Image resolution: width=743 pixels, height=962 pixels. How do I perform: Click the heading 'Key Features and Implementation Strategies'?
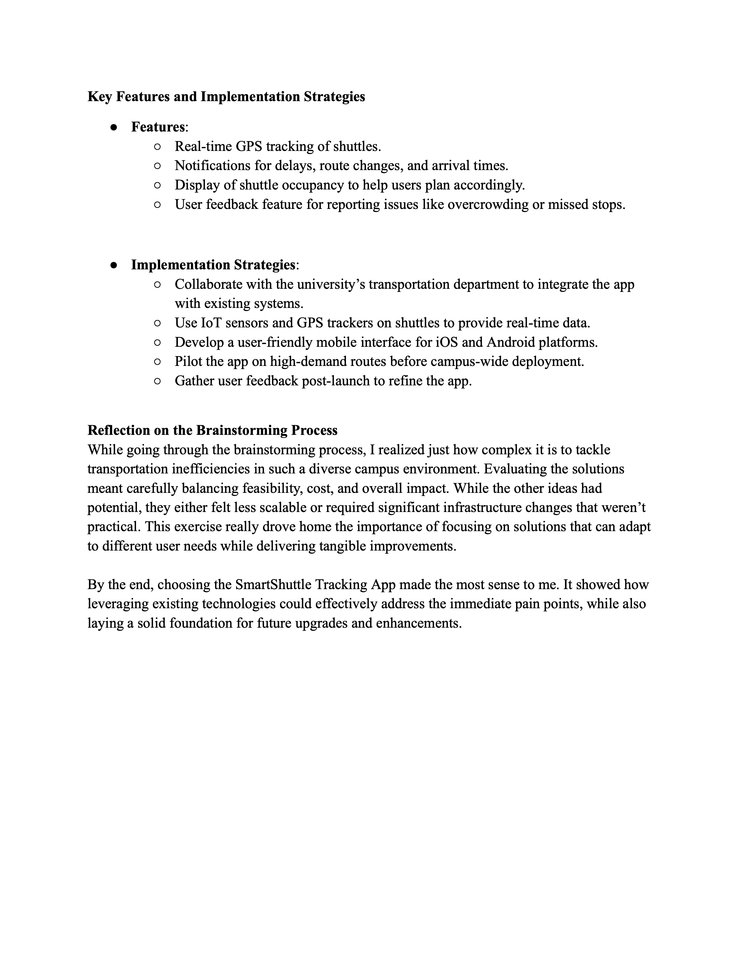(x=226, y=97)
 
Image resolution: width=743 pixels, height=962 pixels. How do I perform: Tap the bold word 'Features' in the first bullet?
(x=158, y=127)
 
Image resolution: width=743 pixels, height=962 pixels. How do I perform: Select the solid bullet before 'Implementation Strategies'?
(x=114, y=265)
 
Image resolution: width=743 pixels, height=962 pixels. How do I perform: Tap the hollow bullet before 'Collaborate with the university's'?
(x=157, y=285)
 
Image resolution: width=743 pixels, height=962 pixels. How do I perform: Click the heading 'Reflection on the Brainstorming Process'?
(x=212, y=430)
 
